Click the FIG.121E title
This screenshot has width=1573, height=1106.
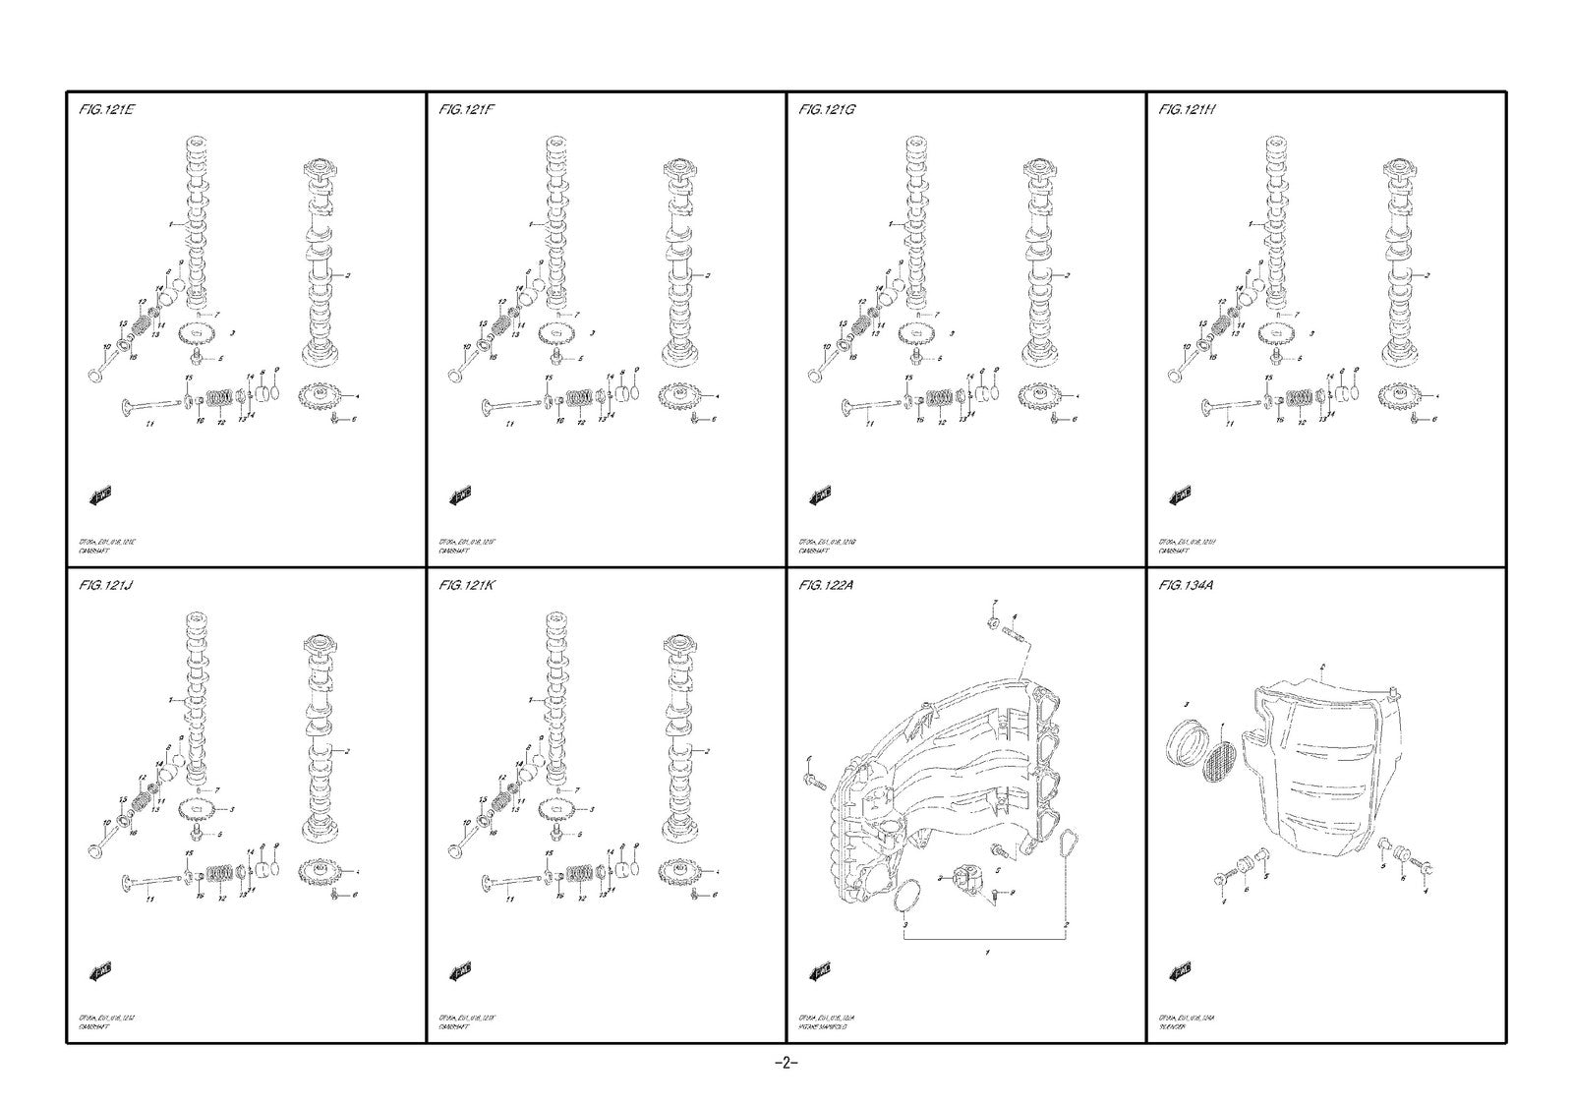pos(107,110)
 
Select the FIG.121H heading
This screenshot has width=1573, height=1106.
pos(1188,110)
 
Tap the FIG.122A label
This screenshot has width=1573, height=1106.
pos(828,586)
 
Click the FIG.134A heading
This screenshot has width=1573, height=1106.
pos(1189,586)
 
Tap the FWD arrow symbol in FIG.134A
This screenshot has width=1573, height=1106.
pos(1180,972)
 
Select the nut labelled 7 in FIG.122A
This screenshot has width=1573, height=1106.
pos(993,621)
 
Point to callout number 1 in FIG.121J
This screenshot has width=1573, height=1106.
pos(170,700)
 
